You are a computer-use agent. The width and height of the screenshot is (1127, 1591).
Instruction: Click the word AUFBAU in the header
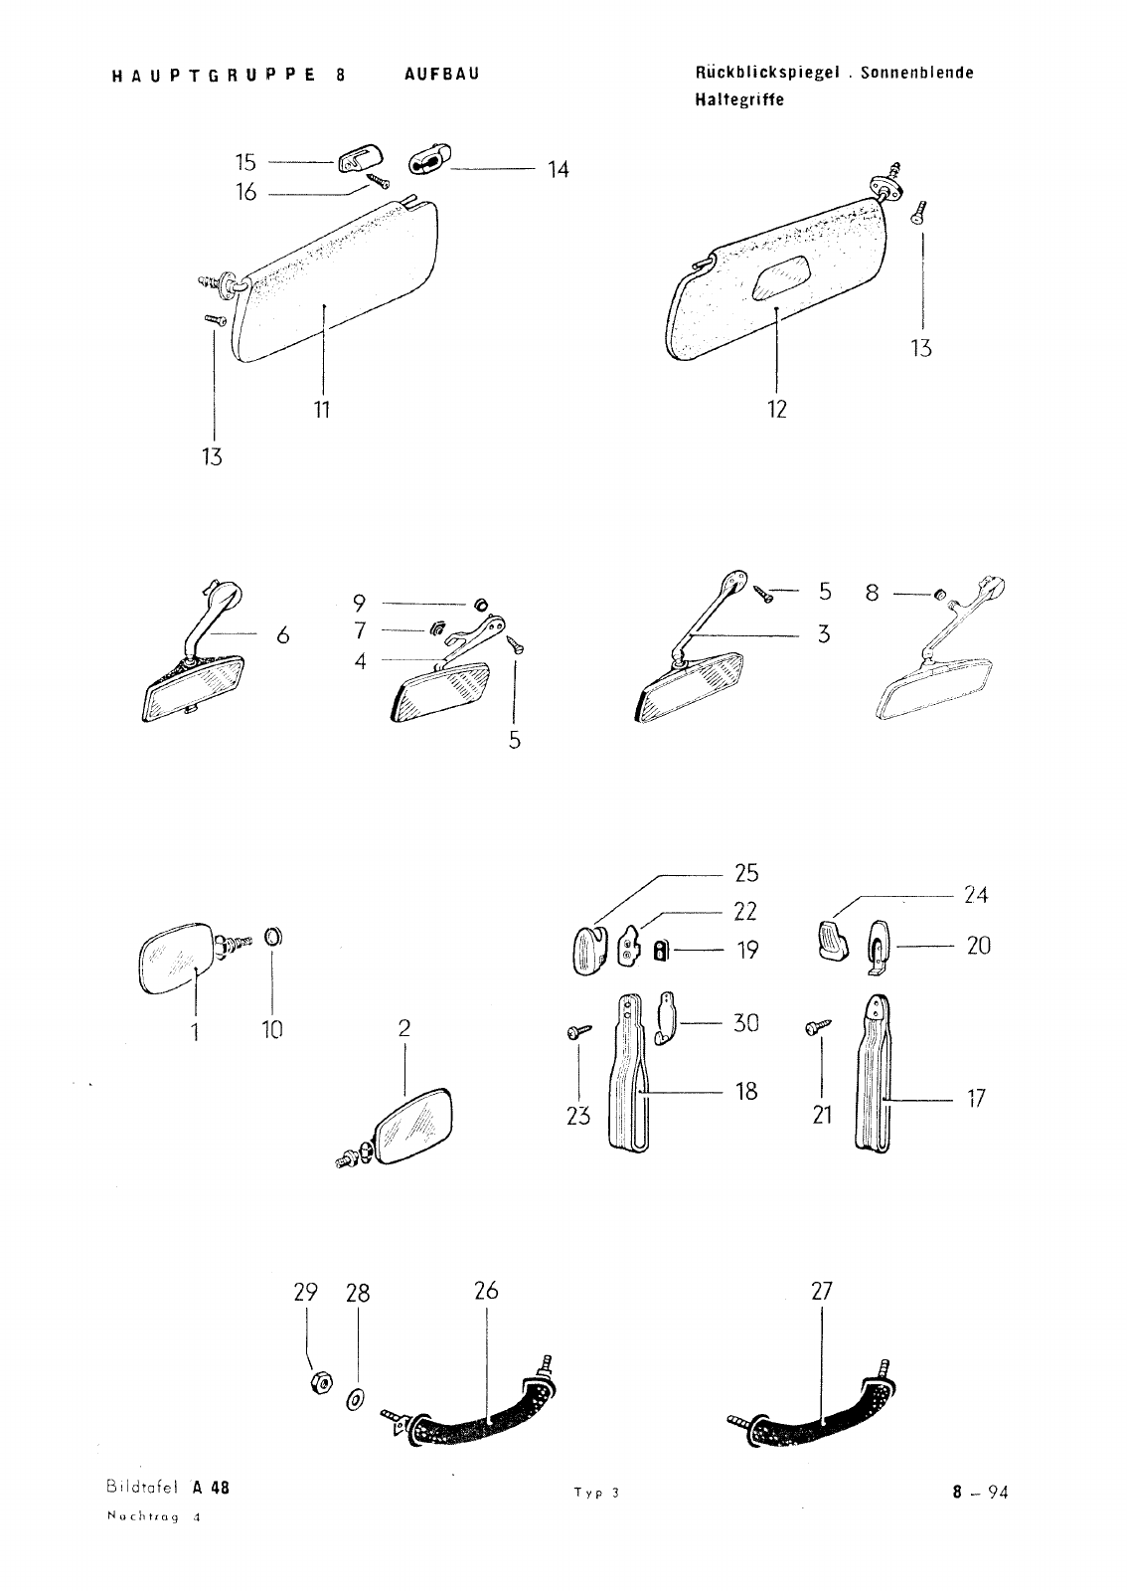[442, 74]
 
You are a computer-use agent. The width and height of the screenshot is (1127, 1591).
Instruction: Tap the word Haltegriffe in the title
[739, 100]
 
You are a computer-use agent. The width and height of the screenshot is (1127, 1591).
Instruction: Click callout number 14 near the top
[559, 170]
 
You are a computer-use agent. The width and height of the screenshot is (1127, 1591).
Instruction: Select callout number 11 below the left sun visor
[322, 410]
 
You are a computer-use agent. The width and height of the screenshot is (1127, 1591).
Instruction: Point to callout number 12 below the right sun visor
[777, 409]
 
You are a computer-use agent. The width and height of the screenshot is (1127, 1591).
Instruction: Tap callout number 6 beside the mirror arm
[283, 635]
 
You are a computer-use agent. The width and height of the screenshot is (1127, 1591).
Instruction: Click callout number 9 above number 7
[359, 604]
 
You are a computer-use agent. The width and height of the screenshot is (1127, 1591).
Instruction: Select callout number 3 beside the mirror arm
[823, 634]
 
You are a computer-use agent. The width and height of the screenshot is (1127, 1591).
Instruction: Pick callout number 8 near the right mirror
[873, 593]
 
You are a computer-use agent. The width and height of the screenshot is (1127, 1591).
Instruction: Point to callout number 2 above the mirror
[404, 1028]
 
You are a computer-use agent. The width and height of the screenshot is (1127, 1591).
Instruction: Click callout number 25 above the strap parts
[746, 873]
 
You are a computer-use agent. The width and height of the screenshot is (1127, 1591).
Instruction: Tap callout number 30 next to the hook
[746, 1023]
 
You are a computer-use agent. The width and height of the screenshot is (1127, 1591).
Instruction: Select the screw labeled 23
[579, 1031]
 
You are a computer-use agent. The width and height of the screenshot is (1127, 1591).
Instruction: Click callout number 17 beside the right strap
[977, 1099]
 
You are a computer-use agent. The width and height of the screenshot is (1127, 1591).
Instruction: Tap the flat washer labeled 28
[355, 1401]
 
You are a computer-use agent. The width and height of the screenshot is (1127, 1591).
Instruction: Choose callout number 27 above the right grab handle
[821, 1291]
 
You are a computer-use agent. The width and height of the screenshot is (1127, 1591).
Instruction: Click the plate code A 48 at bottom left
[211, 1488]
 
